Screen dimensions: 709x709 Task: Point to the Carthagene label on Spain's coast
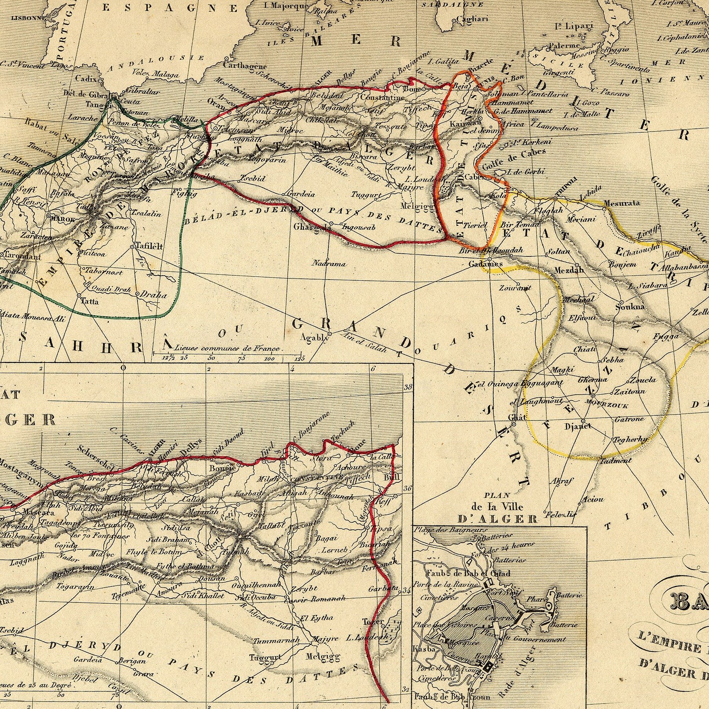(x=245, y=66)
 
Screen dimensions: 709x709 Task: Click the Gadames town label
(x=485, y=264)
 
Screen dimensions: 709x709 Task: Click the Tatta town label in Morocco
(x=89, y=301)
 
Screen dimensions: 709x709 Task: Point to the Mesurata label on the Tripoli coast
(x=622, y=203)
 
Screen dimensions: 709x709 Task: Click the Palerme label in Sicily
(x=564, y=46)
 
